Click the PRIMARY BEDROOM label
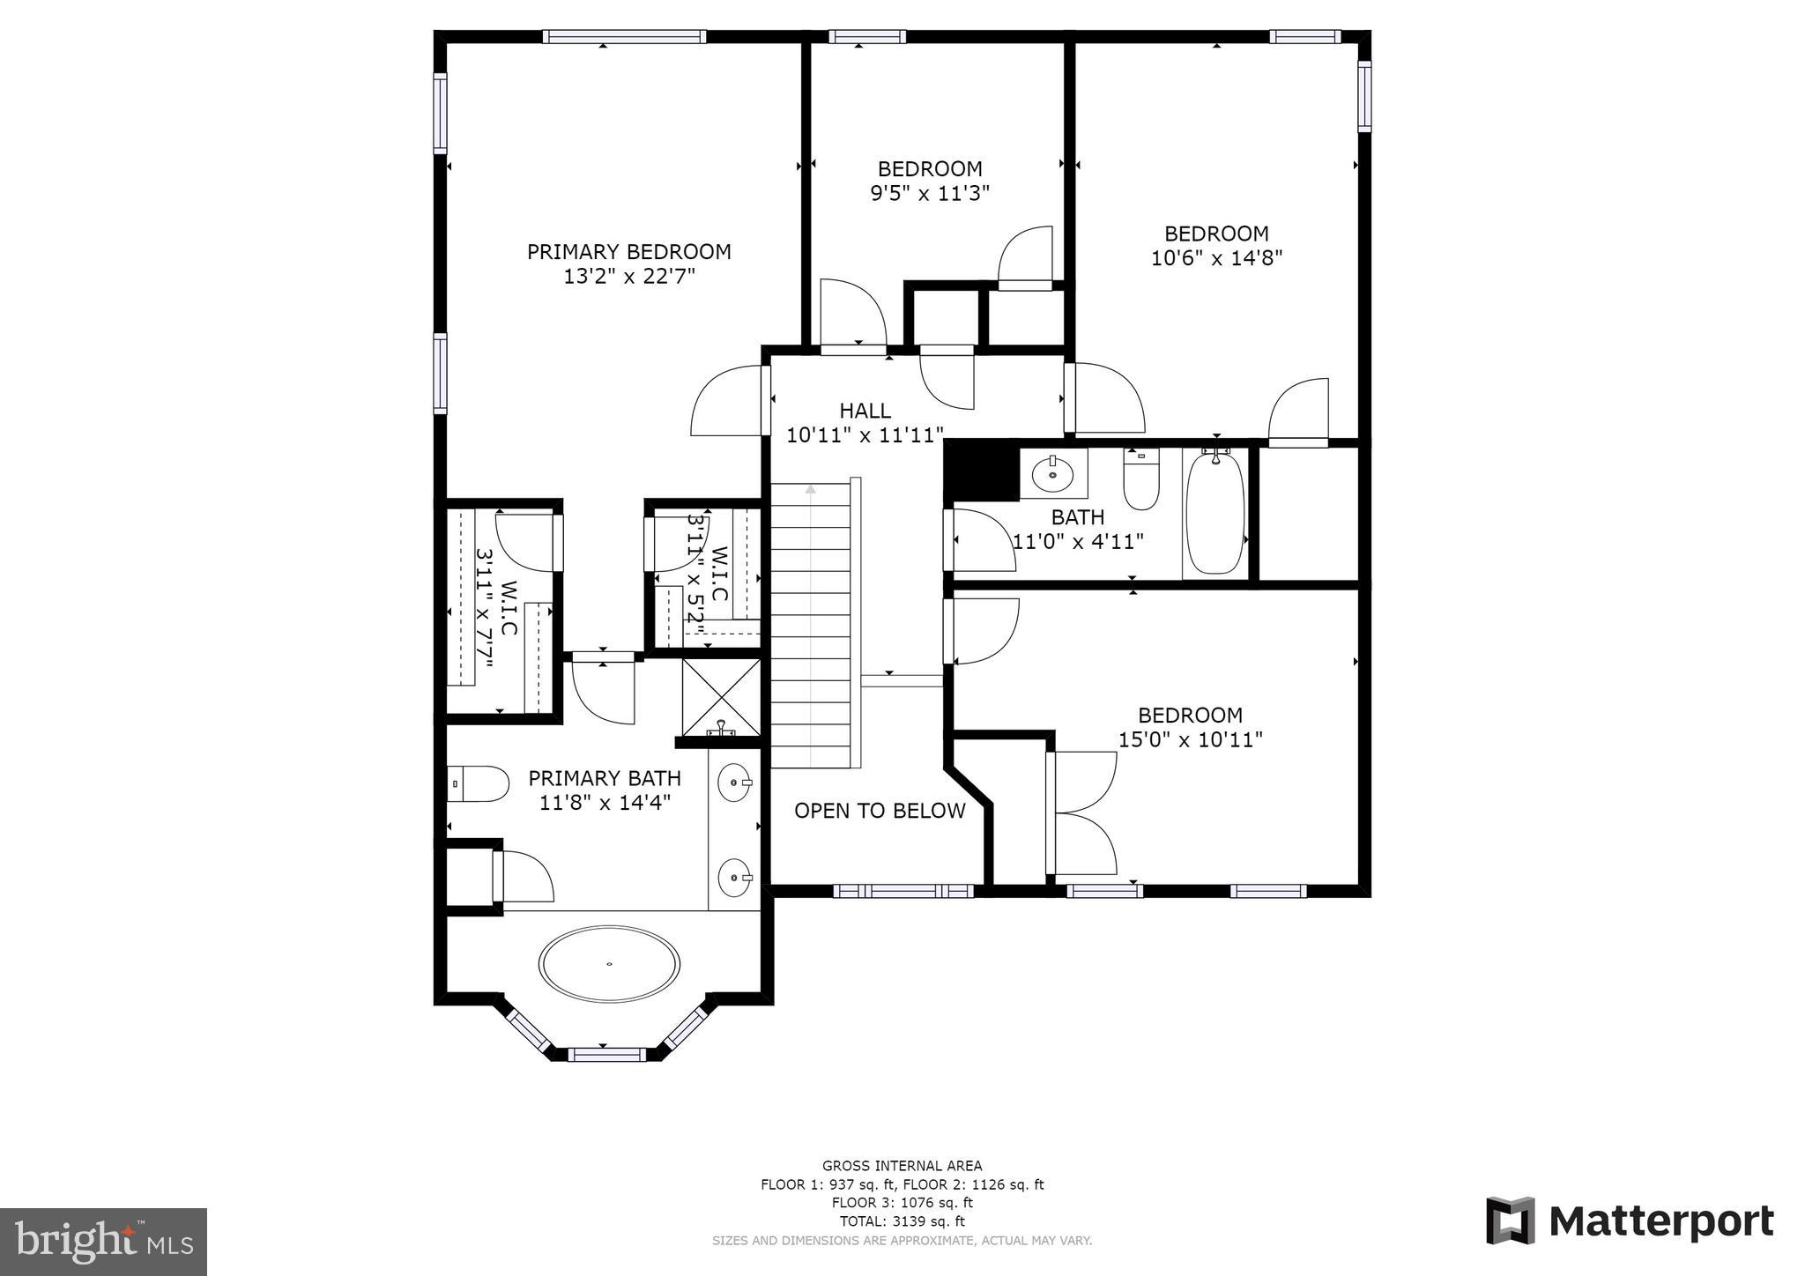(x=628, y=252)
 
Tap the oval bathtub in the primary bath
(x=609, y=963)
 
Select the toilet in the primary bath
(x=480, y=783)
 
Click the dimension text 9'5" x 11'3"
(x=930, y=193)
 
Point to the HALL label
(x=865, y=411)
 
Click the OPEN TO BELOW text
(x=880, y=811)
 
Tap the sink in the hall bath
(x=1052, y=474)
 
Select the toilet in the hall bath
(x=1141, y=480)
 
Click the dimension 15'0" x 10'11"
(x=1190, y=739)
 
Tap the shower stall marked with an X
(x=722, y=697)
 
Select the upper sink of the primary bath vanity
(x=734, y=783)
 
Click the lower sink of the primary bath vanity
(x=734, y=877)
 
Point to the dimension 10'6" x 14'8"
(x=1216, y=258)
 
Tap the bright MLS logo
(x=103, y=1242)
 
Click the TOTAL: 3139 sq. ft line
(x=902, y=1221)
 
